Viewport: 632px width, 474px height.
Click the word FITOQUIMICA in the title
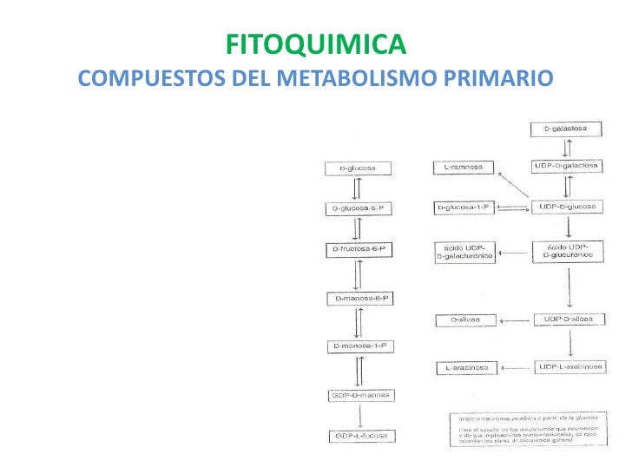click(315, 43)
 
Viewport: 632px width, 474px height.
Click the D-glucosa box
click(358, 168)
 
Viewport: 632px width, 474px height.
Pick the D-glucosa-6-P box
click(358, 208)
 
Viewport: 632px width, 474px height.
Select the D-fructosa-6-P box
click(358, 249)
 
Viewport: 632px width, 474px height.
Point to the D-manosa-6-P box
click(361, 300)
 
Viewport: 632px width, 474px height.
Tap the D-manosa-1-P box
click(361, 347)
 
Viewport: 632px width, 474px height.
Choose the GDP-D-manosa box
click(361, 396)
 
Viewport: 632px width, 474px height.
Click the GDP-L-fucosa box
click(361, 436)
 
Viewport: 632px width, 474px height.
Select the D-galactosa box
click(565, 129)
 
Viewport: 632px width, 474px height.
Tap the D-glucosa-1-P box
click(464, 207)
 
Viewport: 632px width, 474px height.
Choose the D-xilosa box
click(464, 320)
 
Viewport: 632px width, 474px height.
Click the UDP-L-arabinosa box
click(568, 367)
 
